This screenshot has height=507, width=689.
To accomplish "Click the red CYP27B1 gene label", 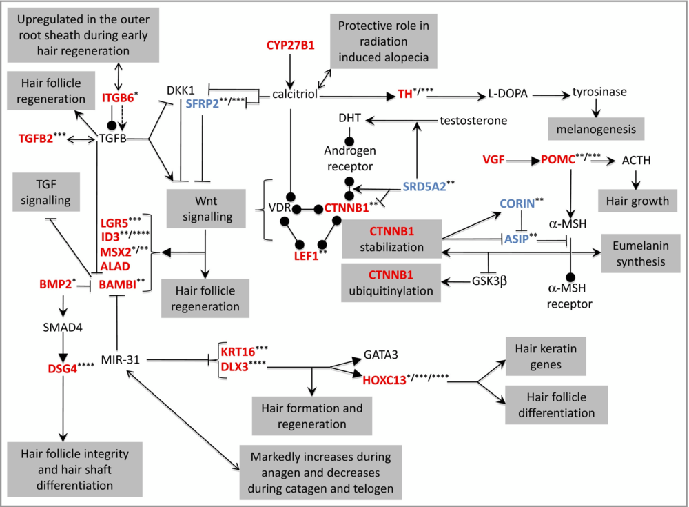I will click(x=290, y=46).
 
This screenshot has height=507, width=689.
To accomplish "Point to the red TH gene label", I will click(x=405, y=95).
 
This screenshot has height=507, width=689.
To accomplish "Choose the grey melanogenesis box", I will click(x=596, y=128).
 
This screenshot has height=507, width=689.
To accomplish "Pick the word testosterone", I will click(x=473, y=120).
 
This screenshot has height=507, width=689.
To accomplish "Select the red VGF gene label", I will click(x=493, y=160).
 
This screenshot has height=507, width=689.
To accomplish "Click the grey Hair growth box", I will click(x=636, y=201).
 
